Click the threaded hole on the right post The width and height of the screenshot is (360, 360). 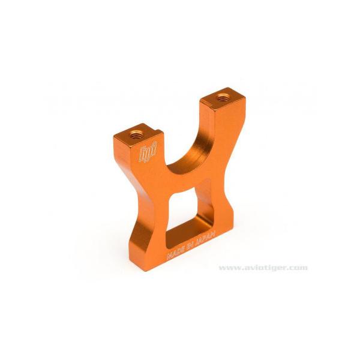[224, 95]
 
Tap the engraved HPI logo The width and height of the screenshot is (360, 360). [148, 155]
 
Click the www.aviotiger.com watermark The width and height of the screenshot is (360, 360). [263, 268]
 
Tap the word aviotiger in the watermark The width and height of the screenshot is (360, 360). [264, 268]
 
